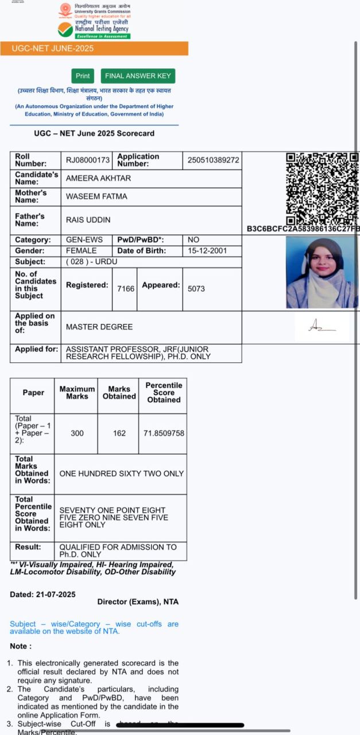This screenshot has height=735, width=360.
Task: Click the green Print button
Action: click(83, 76)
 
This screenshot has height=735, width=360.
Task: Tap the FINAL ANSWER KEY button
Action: click(138, 76)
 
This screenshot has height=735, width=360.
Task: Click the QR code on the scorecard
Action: click(322, 188)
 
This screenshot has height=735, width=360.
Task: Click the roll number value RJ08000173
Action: click(88, 160)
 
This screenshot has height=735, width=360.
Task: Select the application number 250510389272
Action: click(213, 160)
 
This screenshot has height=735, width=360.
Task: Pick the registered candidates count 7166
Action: click(126, 289)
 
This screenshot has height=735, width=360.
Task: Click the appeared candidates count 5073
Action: click(196, 289)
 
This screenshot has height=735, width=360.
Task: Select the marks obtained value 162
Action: click(119, 433)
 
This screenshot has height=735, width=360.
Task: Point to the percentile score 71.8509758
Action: click(164, 433)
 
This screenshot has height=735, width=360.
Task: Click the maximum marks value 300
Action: click(77, 433)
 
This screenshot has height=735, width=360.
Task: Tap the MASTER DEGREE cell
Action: click(99, 327)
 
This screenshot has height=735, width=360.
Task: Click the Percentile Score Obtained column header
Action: click(164, 393)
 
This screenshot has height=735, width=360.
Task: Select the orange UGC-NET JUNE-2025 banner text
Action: click(52, 48)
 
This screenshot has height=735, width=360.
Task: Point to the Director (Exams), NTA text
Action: click(138, 602)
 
